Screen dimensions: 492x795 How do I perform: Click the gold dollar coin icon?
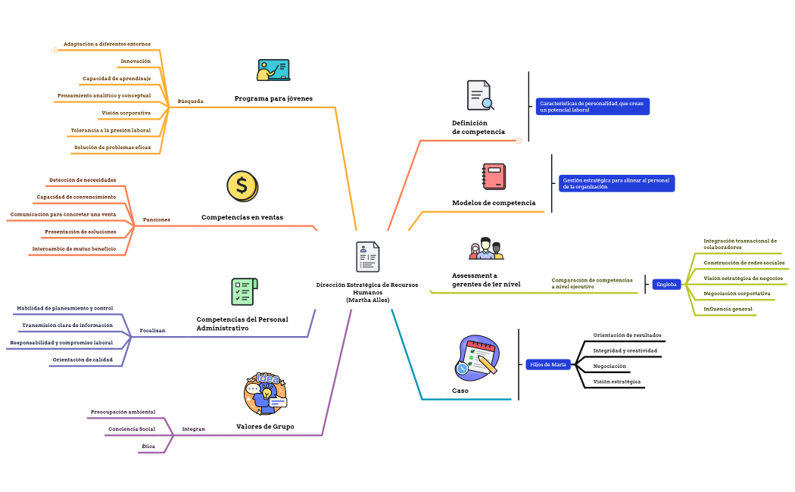point(242,185)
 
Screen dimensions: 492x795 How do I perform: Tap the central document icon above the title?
point(368,257)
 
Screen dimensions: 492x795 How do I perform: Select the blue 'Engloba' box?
point(667,285)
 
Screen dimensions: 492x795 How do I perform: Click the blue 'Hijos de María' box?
point(548,365)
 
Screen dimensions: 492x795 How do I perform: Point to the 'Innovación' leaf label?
point(136,61)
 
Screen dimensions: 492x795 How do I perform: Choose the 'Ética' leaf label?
point(148,447)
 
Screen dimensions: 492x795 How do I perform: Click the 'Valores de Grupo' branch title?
point(265,427)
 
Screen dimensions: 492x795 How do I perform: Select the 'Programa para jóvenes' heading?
point(273,98)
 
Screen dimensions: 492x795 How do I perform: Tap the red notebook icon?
point(494,176)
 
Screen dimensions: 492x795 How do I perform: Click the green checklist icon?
point(244,291)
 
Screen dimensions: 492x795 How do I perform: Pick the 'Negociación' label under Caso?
point(609,366)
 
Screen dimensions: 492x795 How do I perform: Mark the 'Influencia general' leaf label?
point(728,309)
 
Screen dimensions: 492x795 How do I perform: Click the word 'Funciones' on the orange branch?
point(157,220)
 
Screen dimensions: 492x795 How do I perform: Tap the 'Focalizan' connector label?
point(152,331)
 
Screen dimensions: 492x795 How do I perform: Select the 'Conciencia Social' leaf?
point(132,429)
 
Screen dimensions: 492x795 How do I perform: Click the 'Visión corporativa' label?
point(126,113)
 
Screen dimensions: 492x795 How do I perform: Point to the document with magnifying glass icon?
point(480,96)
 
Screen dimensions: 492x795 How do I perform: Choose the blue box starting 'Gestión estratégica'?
point(616,183)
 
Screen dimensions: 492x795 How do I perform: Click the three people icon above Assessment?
point(486,248)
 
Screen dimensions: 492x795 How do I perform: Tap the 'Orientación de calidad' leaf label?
point(83,360)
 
